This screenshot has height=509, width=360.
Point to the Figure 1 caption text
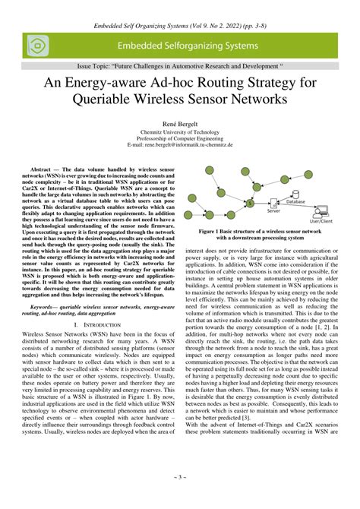tap(270, 233)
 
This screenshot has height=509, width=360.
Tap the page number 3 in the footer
tap(179, 498)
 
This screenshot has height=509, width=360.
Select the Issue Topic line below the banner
tap(179, 67)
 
